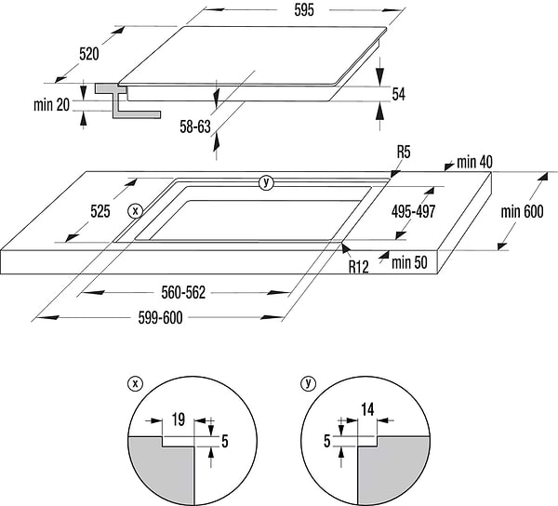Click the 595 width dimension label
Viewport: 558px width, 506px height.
304,10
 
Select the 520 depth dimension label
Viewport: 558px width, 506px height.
89,54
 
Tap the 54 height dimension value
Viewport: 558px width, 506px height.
399,94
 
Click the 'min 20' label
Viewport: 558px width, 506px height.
52,105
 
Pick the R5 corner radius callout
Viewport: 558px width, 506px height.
404,152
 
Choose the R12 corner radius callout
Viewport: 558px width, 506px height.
360,267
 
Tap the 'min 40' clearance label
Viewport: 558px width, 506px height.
474,163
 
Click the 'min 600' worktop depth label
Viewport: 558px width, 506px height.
522,211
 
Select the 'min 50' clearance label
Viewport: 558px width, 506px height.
409,263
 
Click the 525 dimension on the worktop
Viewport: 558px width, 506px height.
100,211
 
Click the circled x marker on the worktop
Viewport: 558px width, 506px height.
136,211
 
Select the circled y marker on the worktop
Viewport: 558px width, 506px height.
267,182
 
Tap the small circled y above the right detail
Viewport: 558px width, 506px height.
308,382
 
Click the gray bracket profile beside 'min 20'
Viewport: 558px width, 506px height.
121,100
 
